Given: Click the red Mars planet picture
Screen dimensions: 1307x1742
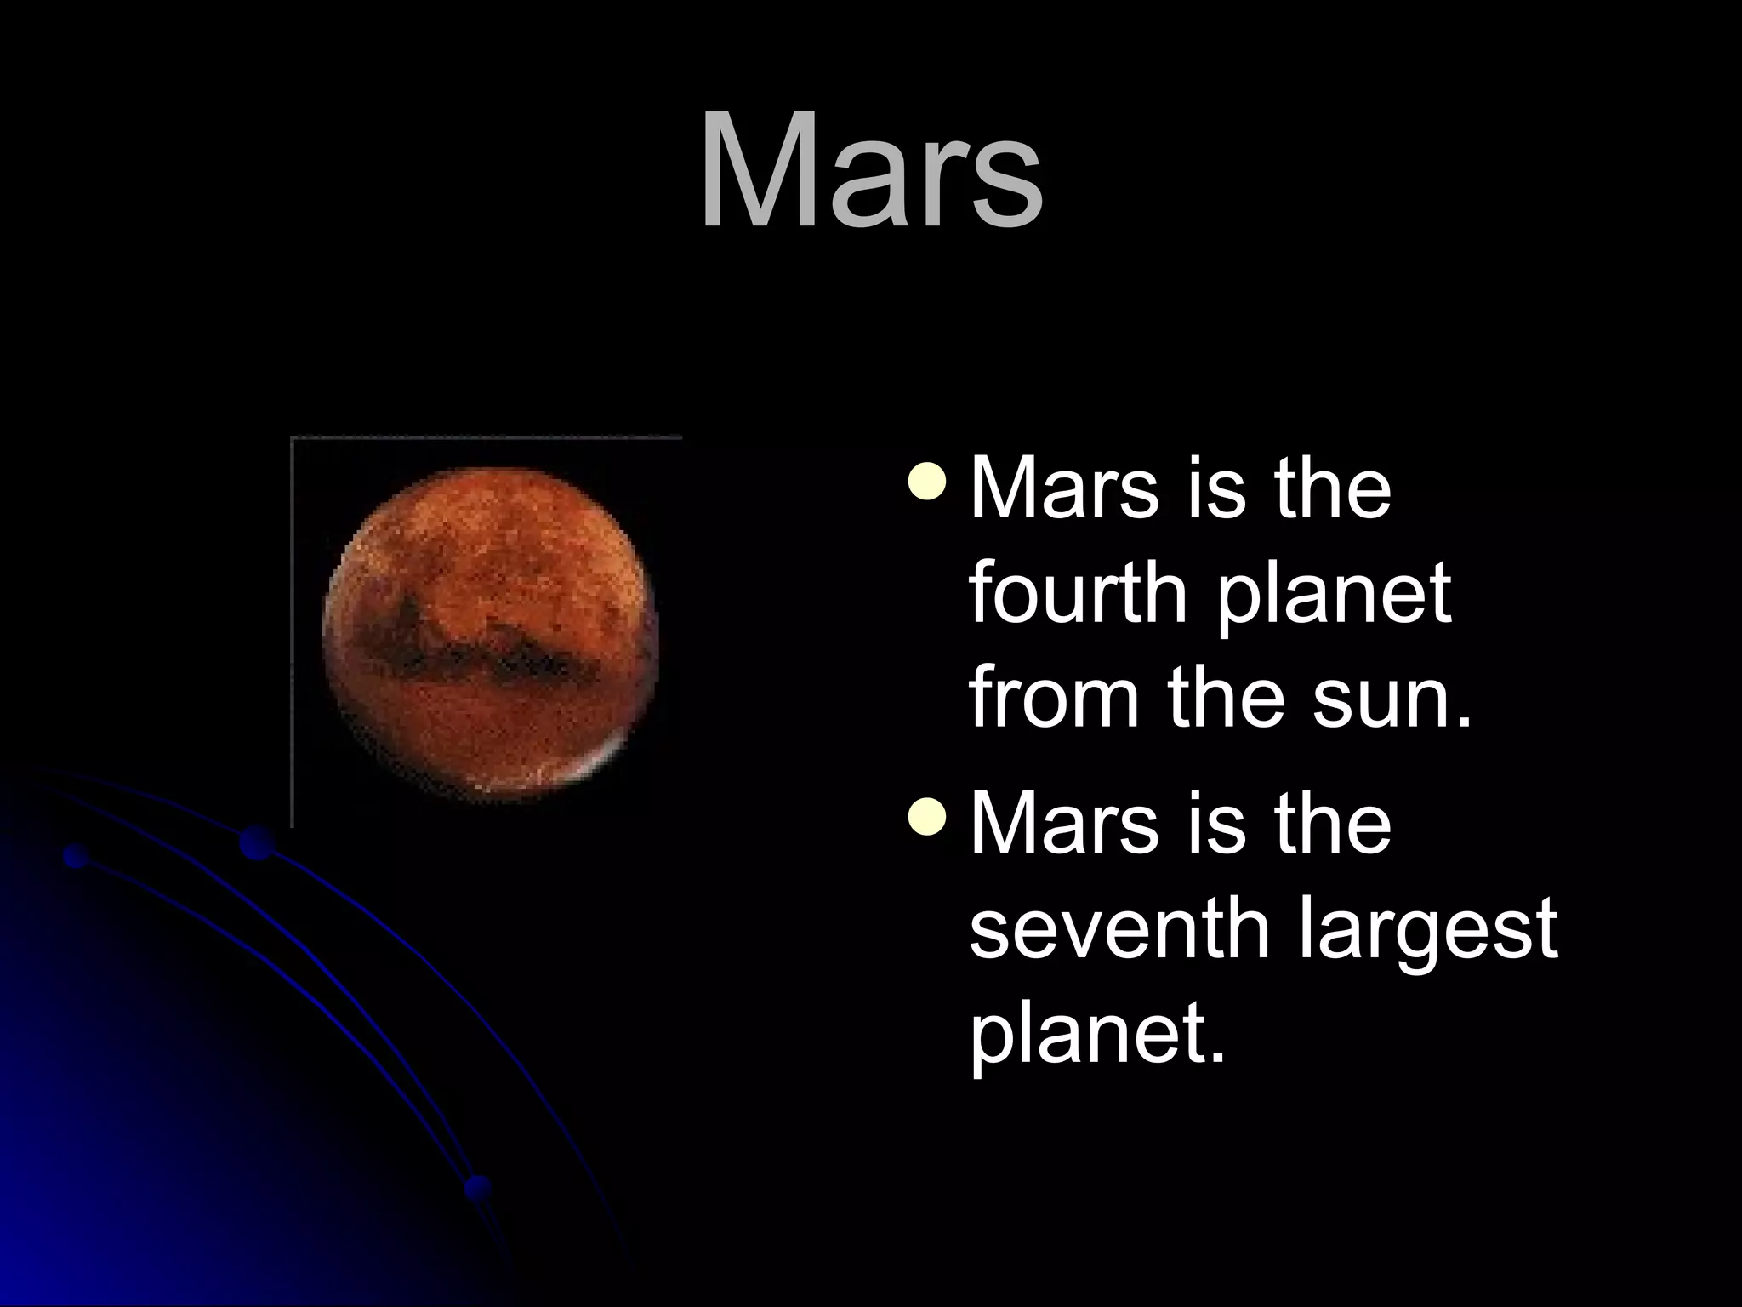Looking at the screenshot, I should [491, 633].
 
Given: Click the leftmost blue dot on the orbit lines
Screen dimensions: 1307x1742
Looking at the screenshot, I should [77, 856].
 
